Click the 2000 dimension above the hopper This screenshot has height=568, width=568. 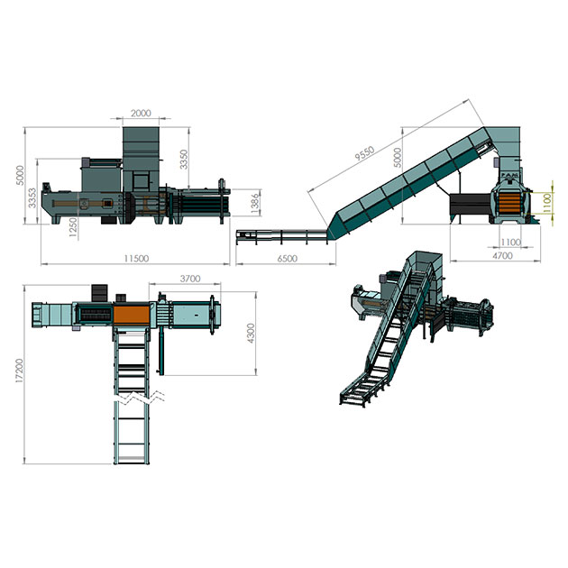[141, 113]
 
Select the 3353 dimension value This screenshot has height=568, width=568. [32, 197]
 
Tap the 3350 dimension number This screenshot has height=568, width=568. [184, 160]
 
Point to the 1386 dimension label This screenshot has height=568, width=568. [255, 203]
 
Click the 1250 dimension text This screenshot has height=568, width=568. [73, 227]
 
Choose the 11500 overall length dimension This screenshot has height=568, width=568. [136, 258]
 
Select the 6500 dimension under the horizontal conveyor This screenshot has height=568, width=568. [288, 258]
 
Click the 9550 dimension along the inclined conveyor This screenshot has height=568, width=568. [364, 153]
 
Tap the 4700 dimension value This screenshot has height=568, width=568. [502, 255]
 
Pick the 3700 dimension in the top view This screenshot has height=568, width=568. [190, 279]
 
